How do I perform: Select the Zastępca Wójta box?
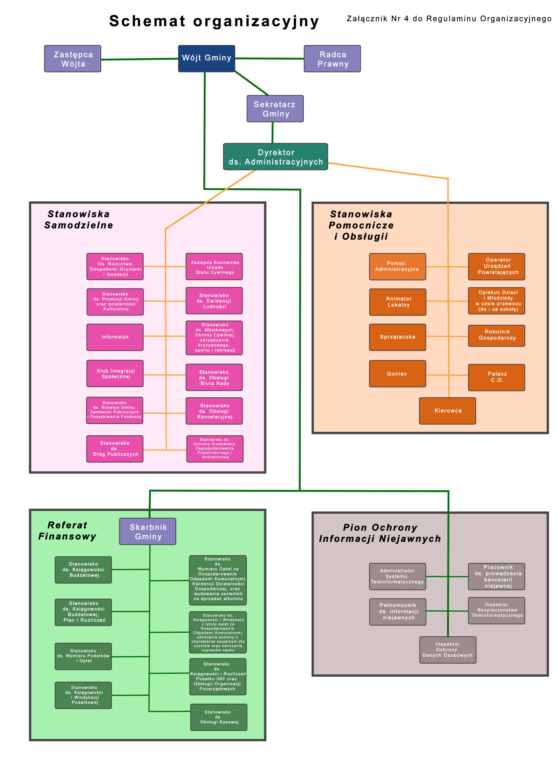73,59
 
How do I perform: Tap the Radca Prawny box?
332,59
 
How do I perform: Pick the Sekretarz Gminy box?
275,109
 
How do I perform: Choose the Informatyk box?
115,337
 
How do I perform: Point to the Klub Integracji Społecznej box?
115,373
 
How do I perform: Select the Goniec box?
397,374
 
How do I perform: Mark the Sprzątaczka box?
397,337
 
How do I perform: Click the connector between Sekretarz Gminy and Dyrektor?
273,132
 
